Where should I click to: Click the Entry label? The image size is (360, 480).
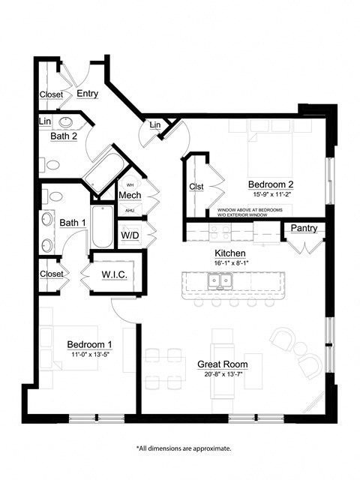(87, 94)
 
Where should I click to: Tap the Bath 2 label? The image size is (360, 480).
(64, 136)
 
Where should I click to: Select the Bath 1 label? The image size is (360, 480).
(73, 223)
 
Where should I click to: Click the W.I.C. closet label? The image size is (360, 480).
(114, 275)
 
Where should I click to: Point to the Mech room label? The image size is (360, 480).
(130, 195)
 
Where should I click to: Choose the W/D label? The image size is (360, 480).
(129, 235)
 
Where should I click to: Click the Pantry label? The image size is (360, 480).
(303, 228)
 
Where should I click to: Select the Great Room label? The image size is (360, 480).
(223, 364)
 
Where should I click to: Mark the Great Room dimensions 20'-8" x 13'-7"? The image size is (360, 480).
(223, 375)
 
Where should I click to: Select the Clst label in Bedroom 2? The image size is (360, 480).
(196, 187)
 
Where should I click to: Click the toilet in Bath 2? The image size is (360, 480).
(53, 164)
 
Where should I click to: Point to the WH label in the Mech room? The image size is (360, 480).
(130, 184)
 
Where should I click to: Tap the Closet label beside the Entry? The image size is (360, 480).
(52, 94)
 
